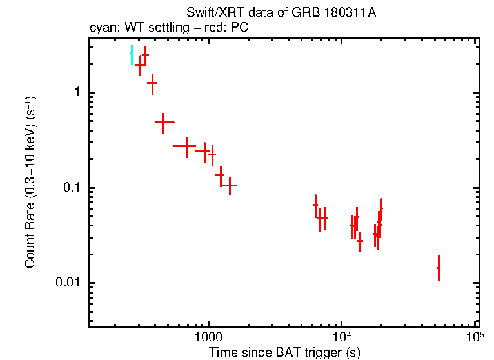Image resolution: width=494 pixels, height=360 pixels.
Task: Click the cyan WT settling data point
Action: [x=132, y=54]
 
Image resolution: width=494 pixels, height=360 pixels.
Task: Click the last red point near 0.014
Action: [x=439, y=268]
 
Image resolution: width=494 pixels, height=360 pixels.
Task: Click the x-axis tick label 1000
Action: [x=208, y=339]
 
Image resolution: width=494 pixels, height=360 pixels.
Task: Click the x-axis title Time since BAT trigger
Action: [x=284, y=352]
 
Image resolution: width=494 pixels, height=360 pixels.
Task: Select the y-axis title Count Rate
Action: [x=30, y=182]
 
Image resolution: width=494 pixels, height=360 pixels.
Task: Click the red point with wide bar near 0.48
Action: [x=164, y=121]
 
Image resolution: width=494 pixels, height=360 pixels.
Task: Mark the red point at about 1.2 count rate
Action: [x=152, y=83]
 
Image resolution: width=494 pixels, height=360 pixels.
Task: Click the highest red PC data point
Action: [x=145, y=55]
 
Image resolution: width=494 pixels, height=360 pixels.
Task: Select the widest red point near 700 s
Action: [x=186, y=146]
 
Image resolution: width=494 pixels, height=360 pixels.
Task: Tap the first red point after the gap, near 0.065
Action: [x=315, y=205]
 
